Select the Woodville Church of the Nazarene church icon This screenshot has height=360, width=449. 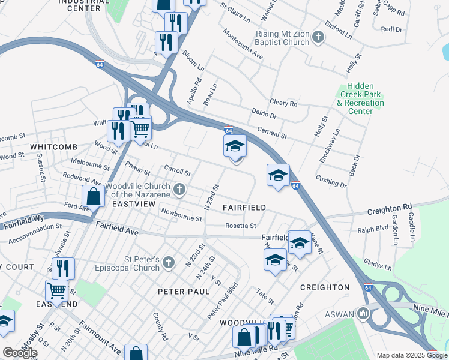(x=179, y=190)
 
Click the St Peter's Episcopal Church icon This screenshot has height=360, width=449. (x=169, y=262)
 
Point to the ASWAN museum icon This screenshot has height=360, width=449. (x=363, y=313)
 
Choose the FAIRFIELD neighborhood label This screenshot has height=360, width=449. (x=244, y=207)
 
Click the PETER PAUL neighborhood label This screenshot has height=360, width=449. (x=184, y=291)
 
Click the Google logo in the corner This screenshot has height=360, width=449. (x=20, y=353)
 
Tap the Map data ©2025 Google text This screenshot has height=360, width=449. (x=411, y=355)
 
